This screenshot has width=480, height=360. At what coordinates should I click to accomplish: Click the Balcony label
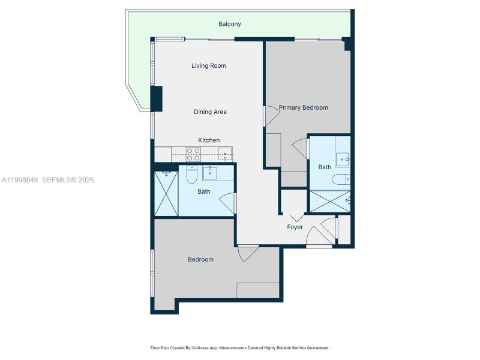click(x=230, y=24)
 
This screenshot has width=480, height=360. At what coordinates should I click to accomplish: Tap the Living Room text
click(x=209, y=65)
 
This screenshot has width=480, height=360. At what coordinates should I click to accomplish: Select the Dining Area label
click(x=210, y=112)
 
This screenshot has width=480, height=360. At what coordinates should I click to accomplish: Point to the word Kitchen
click(x=209, y=140)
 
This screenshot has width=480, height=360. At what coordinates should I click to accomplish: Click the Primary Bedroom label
click(x=303, y=107)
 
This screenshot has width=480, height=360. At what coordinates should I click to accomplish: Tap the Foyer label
click(x=295, y=227)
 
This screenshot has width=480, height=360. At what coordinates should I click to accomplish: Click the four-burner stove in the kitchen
click(x=193, y=154)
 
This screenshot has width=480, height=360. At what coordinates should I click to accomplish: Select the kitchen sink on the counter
click(x=224, y=154)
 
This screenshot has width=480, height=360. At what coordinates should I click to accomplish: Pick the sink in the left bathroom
click(x=211, y=173)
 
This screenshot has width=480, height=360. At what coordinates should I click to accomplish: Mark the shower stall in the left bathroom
click(x=166, y=193)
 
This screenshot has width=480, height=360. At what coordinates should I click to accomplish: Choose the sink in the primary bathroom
click(x=342, y=159)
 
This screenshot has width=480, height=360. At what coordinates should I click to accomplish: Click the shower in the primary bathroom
click(x=329, y=201)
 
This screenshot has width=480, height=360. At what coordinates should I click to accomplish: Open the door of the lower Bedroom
click(x=248, y=253)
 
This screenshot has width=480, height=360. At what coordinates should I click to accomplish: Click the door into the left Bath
click(x=229, y=202)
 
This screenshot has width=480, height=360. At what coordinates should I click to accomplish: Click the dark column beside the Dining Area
click(x=156, y=99)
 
